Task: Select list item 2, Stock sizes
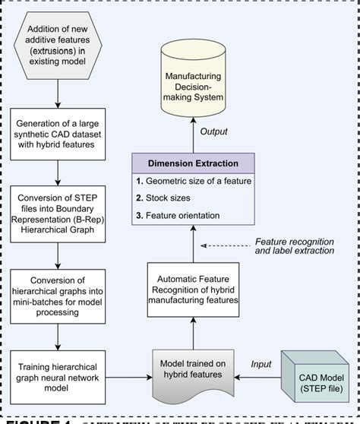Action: (167, 198)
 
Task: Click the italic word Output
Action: (213, 131)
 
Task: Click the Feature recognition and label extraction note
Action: (292, 245)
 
